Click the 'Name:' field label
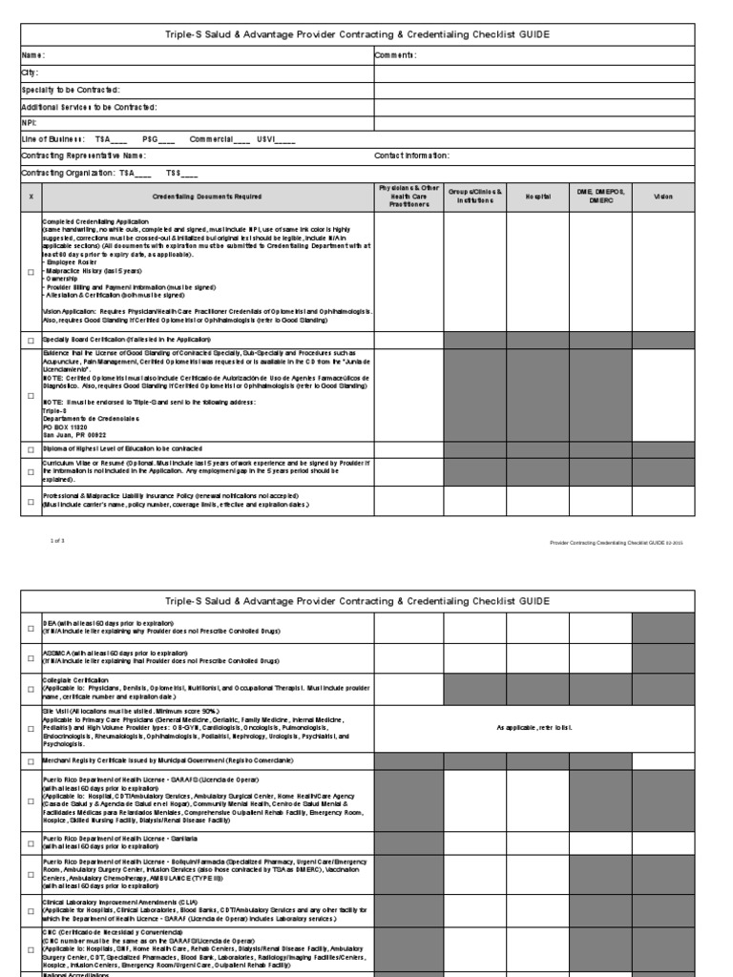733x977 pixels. point(34,55)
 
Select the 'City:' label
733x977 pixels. point(31,72)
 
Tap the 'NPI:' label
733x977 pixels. point(30,122)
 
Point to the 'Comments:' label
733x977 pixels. point(395,55)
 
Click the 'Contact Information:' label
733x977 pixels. point(411,156)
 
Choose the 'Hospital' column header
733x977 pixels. point(537,197)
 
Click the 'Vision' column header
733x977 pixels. point(662,197)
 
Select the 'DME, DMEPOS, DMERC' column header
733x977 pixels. point(599,197)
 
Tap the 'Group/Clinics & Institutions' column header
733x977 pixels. point(474,197)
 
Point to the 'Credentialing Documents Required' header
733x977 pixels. point(207,197)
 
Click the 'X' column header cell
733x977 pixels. point(31,197)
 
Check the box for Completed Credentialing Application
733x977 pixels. point(31,272)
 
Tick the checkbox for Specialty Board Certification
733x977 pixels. point(31,341)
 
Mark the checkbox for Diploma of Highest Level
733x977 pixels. point(31,448)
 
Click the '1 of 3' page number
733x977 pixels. point(56,541)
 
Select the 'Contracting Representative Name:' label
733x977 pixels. point(84,156)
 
